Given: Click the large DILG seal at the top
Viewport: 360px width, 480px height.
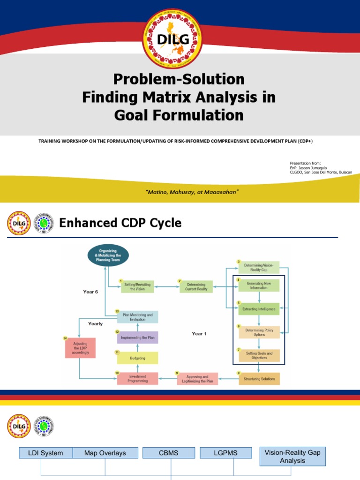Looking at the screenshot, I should coord(172,39).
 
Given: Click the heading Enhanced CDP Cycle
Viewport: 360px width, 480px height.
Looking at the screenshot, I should coord(120,223).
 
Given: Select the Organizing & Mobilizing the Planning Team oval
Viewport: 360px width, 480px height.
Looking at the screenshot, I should coord(108,255).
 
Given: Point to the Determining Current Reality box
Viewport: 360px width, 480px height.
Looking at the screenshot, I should coord(196,286).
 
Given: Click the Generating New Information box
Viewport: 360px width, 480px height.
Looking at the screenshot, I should coord(259,285).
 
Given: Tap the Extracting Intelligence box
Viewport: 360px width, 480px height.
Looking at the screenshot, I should coord(259,309).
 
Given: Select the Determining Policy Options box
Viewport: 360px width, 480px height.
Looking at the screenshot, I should coord(259,332).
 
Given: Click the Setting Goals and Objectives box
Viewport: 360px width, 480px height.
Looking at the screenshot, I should coord(259,355).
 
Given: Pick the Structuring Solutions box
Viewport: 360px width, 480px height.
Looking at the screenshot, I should coord(259,378).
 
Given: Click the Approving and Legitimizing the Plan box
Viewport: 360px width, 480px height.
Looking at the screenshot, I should coord(197,379).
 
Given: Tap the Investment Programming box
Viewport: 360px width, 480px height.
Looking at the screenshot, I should coord(137,379).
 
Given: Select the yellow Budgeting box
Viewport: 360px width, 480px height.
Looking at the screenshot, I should coord(137,358).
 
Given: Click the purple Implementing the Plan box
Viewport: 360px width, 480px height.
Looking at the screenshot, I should coord(137,337).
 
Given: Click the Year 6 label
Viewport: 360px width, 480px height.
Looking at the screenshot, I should coord(90,292).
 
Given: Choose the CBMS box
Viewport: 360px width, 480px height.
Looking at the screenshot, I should coord(168,453).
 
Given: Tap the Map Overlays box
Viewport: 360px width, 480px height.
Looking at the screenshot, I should coord(105,453).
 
